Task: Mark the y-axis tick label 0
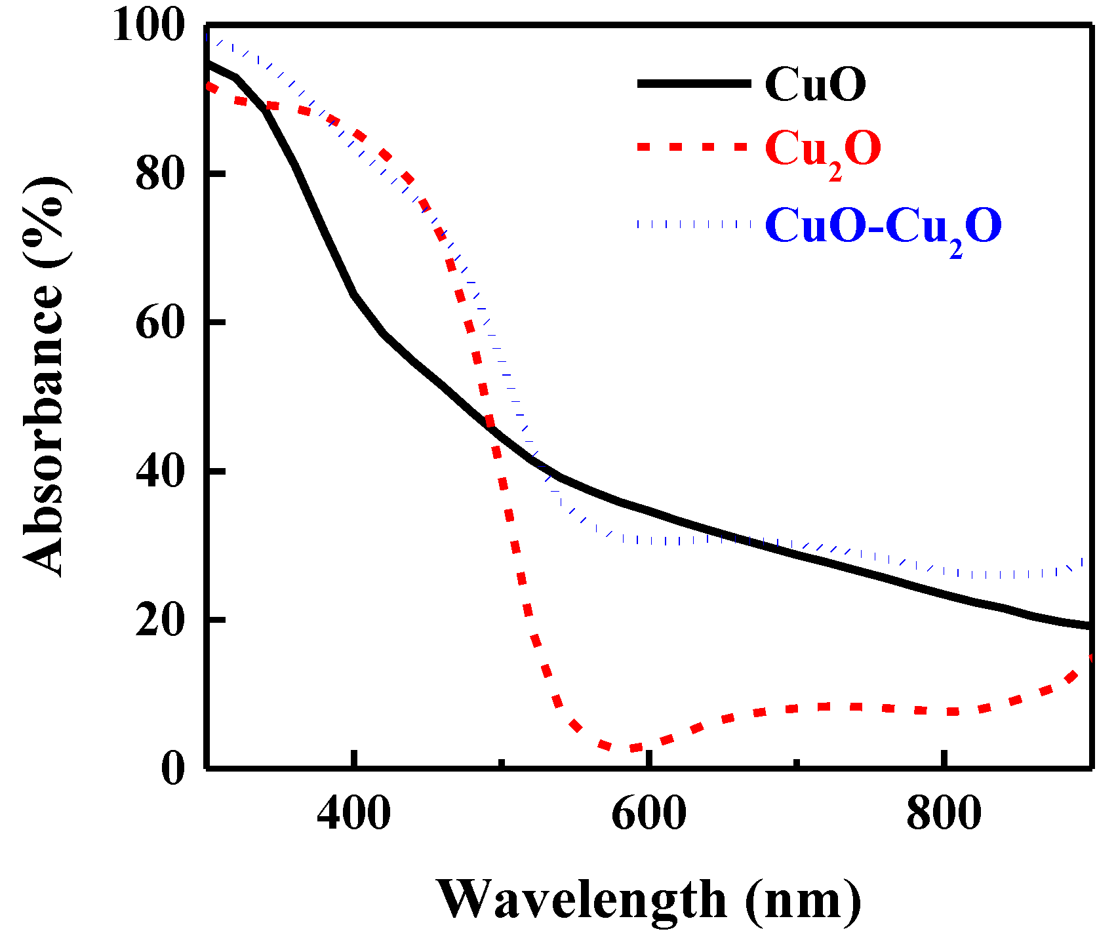pos(172,768)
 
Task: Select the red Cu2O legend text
pos(822,149)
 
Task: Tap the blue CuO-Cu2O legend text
pos(883,227)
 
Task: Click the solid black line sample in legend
pos(694,83)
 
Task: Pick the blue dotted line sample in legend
pos(694,224)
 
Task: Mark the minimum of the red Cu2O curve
pos(623,749)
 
